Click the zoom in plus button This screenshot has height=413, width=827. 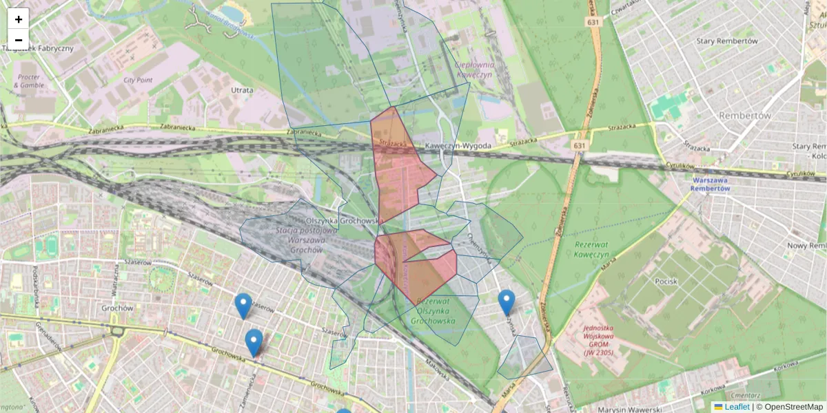[18, 19]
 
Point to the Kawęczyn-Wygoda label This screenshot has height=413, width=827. [458, 146]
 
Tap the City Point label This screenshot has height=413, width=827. [138, 80]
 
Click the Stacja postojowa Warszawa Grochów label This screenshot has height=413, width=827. [307, 240]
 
